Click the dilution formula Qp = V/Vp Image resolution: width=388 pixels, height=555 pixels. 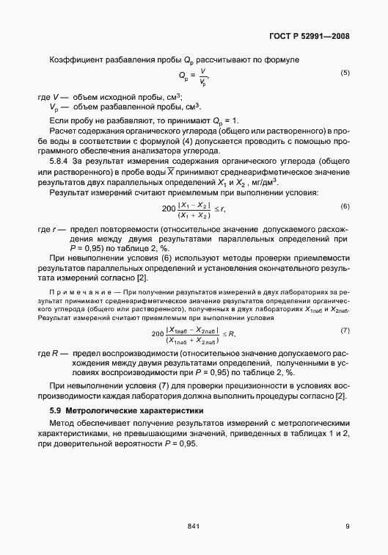click(194, 75)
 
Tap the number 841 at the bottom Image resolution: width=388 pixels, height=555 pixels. click(194, 525)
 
